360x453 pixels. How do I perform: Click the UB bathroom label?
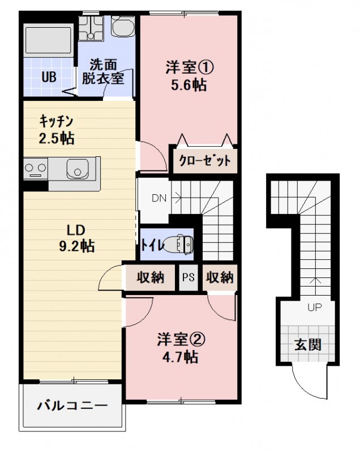pyautogui.click(x=48, y=78)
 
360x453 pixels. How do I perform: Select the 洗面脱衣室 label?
pyautogui.click(x=102, y=72)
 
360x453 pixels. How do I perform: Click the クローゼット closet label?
pyautogui.click(x=205, y=160)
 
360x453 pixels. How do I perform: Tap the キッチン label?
pyautogui.click(x=57, y=121)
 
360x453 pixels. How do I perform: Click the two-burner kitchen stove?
pyautogui.click(x=35, y=169)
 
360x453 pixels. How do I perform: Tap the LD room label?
pyautogui.click(x=75, y=230)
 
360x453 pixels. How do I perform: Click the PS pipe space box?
pyautogui.click(x=188, y=278)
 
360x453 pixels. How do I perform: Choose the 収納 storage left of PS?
pyautogui.click(x=150, y=277)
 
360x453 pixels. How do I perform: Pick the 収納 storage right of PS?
pyautogui.click(x=220, y=277)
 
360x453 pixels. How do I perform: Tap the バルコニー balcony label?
pyautogui.click(x=72, y=406)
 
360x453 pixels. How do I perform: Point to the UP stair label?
pyautogui.click(x=314, y=308)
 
